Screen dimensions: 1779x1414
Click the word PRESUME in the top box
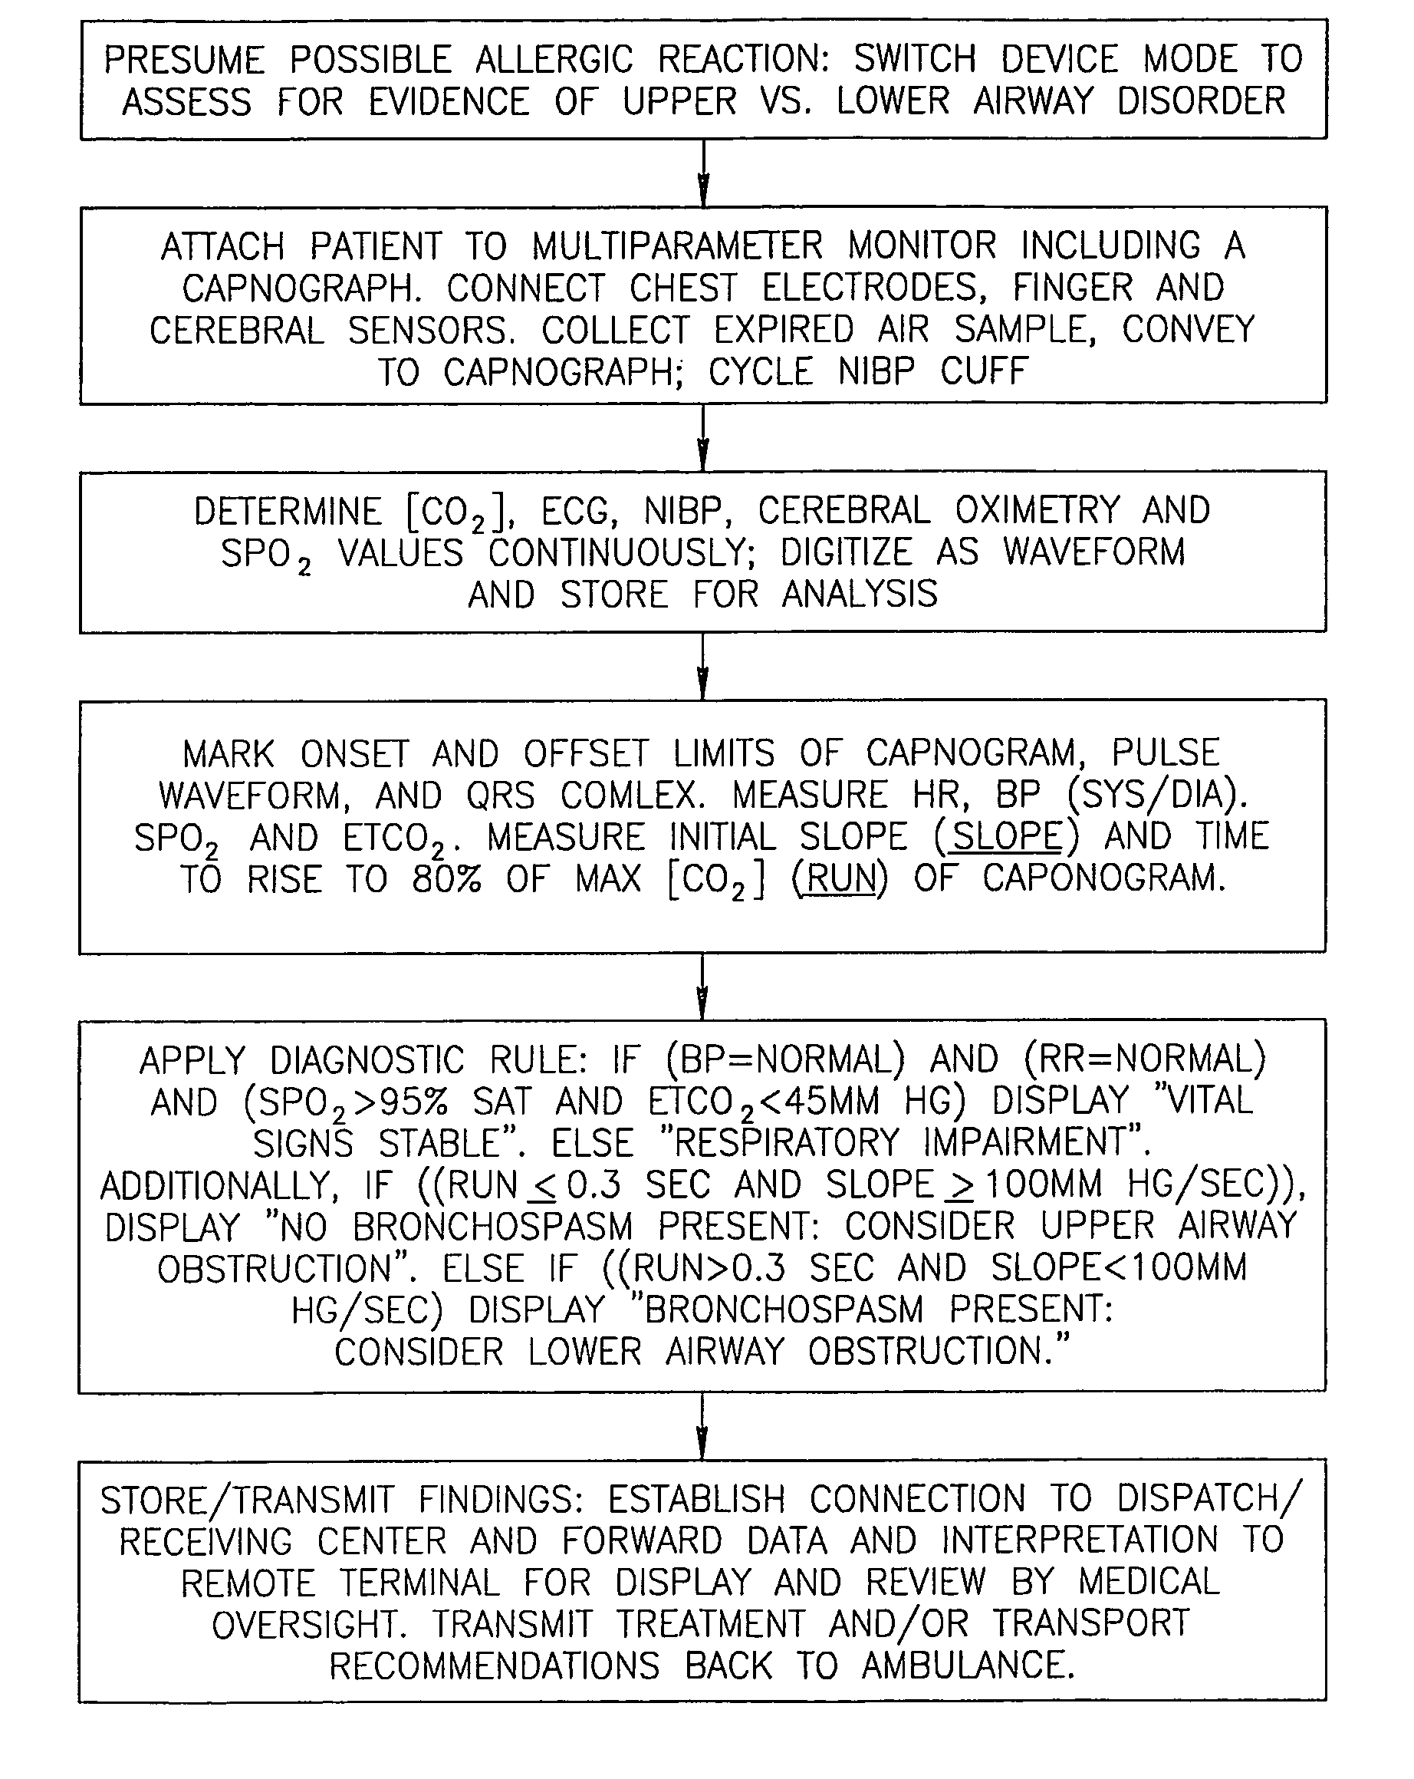(x=185, y=59)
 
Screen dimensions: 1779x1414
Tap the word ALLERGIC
(x=554, y=59)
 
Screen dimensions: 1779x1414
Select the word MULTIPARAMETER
(x=677, y=246)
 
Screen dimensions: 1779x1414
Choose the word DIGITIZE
(x=847, y=552)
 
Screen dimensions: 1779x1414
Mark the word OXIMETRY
(x=1037, y=510)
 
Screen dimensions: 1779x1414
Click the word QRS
(x=501, y=796)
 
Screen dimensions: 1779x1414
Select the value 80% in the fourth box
(x=446, y=879)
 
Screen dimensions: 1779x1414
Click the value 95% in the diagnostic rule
(x=412, y=1102)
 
